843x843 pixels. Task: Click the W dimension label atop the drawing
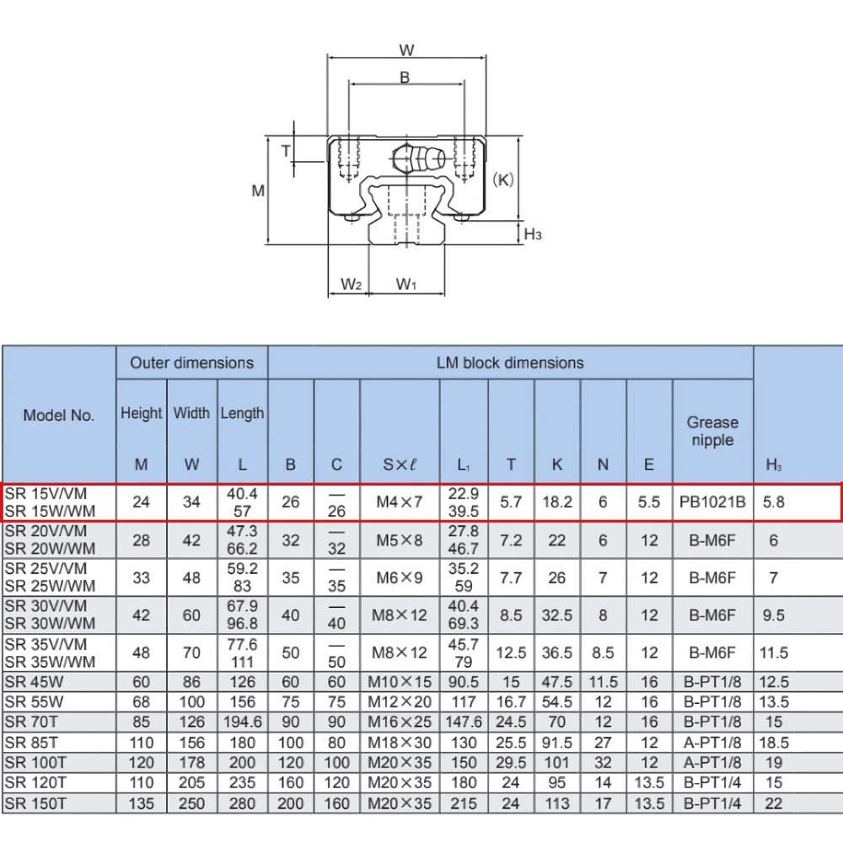(x=406, y=50)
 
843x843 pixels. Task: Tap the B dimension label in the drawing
(x=405, y=78)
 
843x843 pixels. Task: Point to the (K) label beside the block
(x=502, y=180)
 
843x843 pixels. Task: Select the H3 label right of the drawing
(x=533, y=234)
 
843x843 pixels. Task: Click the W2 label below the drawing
(x=352, y=285)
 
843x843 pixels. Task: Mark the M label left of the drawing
(x=258, y=191)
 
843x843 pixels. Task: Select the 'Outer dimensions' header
(x=191, y=362)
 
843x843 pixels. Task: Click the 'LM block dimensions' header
(x=510, y=362)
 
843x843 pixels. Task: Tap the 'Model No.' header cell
(x=59, y=415)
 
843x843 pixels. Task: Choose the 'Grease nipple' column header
(x=712, y=431)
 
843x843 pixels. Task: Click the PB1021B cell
(x=712, y=502)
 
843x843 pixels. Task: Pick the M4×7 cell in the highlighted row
(x=400, y=502)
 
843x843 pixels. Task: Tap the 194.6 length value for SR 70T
(x=242, y=722)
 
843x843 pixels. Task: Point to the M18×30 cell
(x=400, y=743)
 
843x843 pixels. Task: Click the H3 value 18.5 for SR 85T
(x=774, y=743)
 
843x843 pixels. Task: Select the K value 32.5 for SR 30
(x=556, y=615)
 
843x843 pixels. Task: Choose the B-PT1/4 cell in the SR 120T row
(x=712, y=783)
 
